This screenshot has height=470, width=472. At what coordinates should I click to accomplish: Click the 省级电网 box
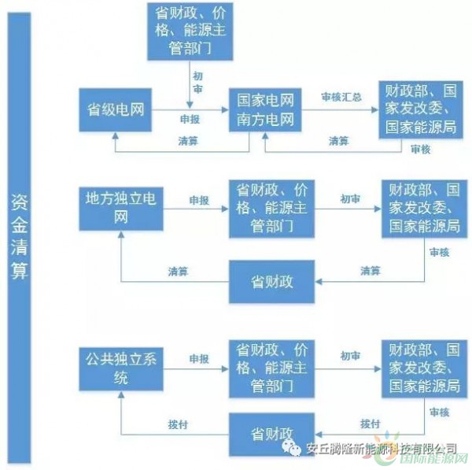(116, 110)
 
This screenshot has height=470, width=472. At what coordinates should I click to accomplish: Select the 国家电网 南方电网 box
(265, 110)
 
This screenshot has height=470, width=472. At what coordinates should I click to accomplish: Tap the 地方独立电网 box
(121, 209)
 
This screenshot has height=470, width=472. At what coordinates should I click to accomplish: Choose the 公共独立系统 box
(121, 369)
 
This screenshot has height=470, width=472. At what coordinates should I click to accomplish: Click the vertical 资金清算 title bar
(19, 238)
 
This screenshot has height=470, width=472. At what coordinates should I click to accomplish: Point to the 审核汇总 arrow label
(341, 97)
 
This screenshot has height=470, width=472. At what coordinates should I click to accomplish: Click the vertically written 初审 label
(197, 83)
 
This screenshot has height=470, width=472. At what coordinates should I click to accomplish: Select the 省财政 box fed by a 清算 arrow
(272, 282)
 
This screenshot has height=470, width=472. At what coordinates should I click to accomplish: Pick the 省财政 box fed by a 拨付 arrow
(272, 434)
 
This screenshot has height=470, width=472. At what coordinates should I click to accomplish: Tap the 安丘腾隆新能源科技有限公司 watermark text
(382, 449)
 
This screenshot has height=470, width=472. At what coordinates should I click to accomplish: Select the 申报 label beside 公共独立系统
(199, 359)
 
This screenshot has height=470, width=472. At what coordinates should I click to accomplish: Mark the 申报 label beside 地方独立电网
(199, 200)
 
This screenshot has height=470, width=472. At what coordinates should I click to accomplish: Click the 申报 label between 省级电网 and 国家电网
(190, 120)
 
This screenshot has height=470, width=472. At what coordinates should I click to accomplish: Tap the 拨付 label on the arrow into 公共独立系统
(178, 424)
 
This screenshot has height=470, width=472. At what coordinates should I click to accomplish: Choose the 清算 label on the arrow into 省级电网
(188, 141)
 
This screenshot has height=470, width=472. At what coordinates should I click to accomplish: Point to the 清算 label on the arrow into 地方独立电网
(178, 272)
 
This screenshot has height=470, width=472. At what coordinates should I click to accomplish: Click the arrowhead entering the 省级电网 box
(116, 135)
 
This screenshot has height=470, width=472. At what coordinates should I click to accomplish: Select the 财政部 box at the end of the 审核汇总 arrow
(421, 109)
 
